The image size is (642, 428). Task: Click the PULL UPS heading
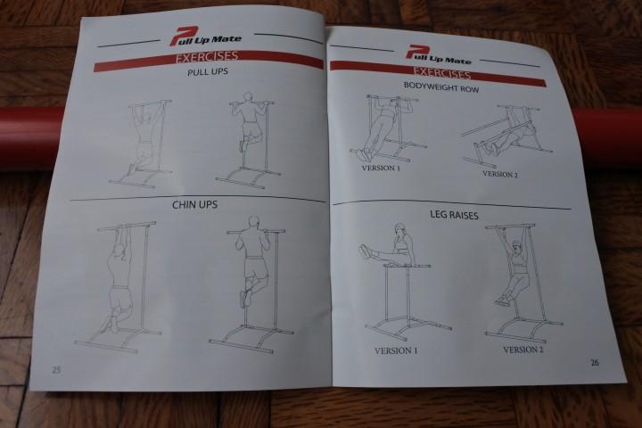point(207,71)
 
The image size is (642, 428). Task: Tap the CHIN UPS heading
point(194,204)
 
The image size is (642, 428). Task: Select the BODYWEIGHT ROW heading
point(441,86)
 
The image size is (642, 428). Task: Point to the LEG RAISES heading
point(454,215)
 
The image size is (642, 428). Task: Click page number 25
point(56,369)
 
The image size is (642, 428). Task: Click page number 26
point(595,362)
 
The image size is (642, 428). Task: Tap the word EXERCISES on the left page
point(207,56)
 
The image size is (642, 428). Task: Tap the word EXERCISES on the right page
point(441,73)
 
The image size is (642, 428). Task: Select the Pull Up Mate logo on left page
point(205,37)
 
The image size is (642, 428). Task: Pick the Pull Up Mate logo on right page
point(438,55)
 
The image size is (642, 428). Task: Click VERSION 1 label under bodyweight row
point(381,168)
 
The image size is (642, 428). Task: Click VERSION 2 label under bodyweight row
point(500,174)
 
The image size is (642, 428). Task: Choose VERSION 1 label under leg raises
point(396,350)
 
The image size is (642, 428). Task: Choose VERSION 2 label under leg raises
point(523,350)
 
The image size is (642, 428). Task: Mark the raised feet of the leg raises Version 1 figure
point(365,251)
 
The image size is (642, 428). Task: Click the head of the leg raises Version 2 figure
point(517,247)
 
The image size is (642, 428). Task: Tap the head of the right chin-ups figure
point(254,221)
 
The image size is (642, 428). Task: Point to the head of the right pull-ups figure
point(248,97)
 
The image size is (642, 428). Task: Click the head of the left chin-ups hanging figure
point(119,251)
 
